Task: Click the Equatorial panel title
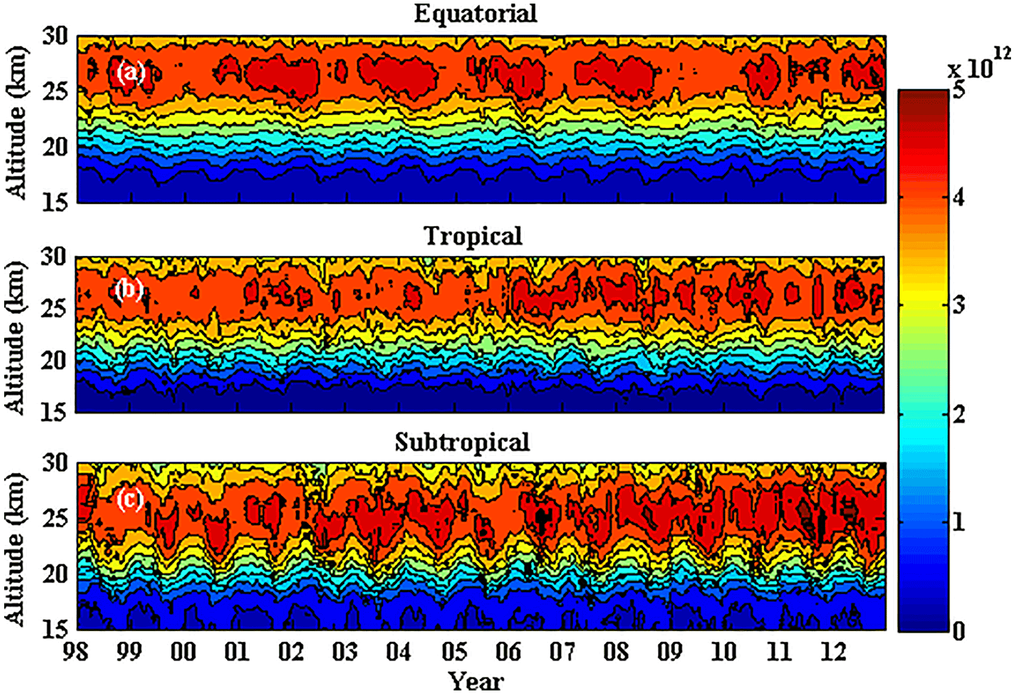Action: [475, 14]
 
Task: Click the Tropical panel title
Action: [473, 236]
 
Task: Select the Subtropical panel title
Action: [462, 442]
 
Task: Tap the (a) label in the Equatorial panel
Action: [131, 72]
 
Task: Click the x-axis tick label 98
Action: [75, 652]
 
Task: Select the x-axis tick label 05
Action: [454, 652]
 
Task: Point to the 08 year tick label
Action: [616, 652]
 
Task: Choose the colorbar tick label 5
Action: [958, 90]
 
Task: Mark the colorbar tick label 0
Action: [958, 630]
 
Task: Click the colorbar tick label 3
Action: [958, 305]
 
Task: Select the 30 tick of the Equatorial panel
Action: [55, 36]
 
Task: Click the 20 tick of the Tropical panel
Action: [54, 360]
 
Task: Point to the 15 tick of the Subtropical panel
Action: [54, 629]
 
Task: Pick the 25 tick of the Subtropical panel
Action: [54, 518]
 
